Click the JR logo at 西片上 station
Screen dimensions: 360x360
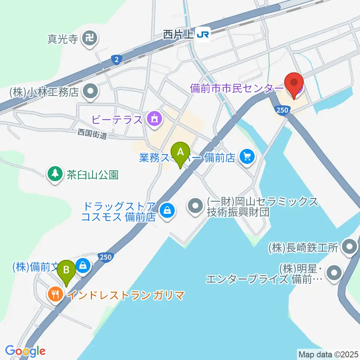[x=203, y=35]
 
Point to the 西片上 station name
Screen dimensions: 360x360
[x=178, y=35]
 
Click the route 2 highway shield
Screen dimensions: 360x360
[x=117, y=59]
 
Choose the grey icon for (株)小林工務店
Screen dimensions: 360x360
[x=90, y=91]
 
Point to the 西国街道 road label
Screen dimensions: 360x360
[x=92, y=134]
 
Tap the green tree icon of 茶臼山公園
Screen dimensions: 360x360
[x=55, y=174]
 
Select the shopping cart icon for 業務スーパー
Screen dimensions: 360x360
[x=247, y=157]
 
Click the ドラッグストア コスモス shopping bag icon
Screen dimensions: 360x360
[x=166, y=211]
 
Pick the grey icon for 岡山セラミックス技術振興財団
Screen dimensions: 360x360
[x=195, y=205]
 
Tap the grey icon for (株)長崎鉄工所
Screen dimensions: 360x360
[x=350, y=247]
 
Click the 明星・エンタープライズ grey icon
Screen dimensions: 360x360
[x=334, y=273]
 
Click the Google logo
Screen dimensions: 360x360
[x=25, y=351]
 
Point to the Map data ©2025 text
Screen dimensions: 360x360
[x=327, y=354]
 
